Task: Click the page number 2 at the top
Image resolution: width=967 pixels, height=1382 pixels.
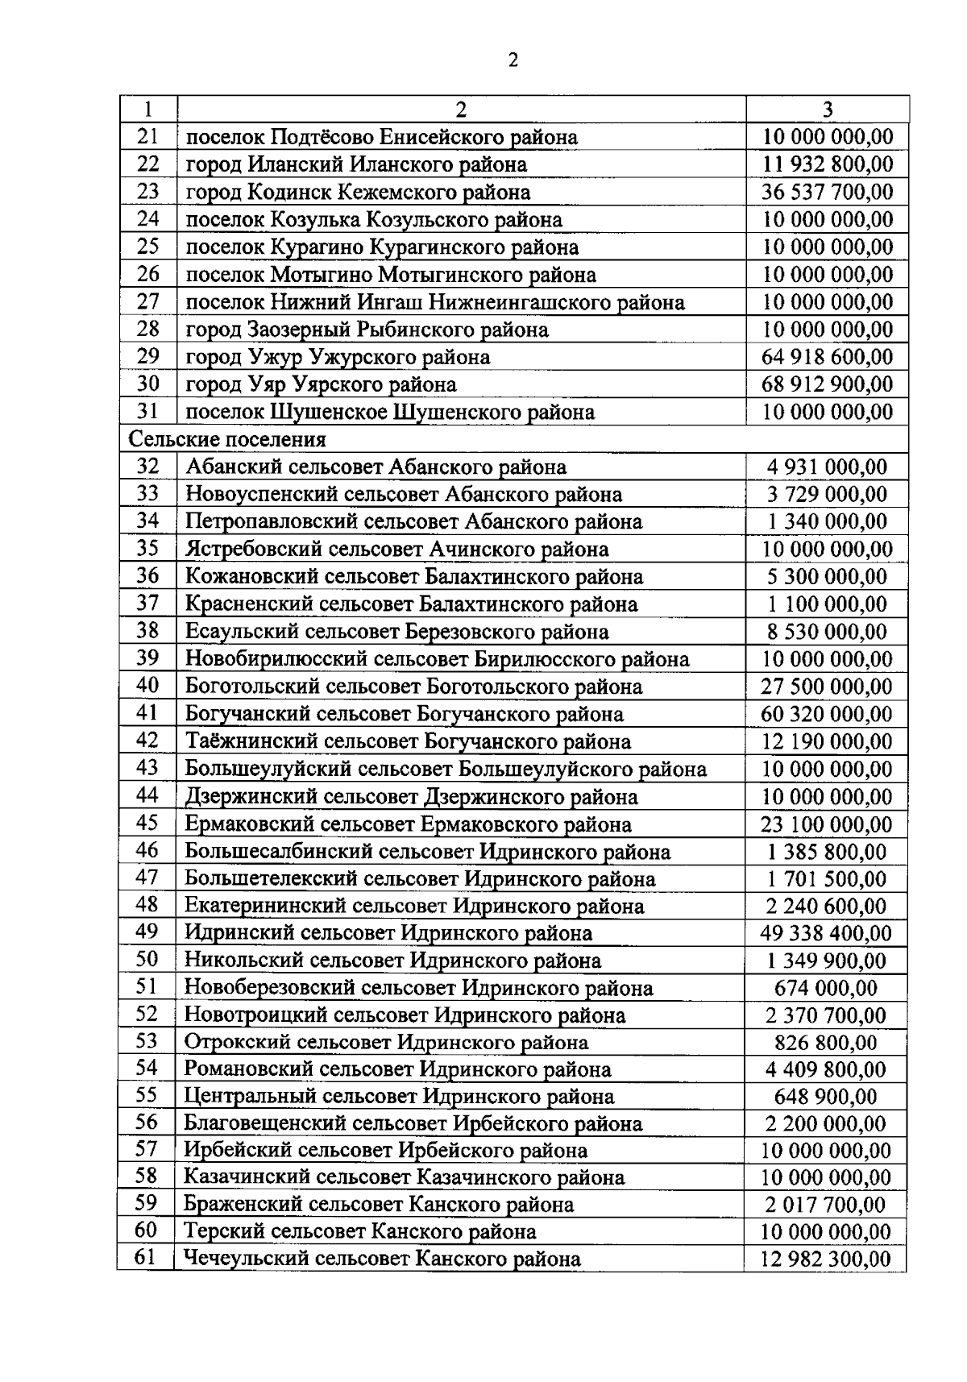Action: click(x=513, y=61)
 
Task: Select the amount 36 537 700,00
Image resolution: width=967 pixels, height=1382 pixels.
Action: click(x=828, y=193)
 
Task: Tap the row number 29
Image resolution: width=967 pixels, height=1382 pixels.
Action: click(x=148, y=356)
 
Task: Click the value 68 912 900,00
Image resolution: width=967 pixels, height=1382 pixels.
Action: click(x=828, y=384)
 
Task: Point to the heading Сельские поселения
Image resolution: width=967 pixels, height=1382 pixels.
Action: click(x=228, y=440)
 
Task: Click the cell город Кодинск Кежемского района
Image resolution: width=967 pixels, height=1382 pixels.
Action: click(x=358, y=193)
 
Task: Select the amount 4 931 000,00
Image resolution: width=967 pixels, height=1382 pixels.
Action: click(x=827, y=467)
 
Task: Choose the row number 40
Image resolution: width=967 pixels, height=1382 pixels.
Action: click(x=147, y=686)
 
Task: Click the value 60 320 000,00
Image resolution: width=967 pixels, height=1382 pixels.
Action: click(x=827, y=714)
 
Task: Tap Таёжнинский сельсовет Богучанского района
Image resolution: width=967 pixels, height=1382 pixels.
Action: click(x=408, y=741)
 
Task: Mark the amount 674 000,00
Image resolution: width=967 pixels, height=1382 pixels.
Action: click(x=826, y=988)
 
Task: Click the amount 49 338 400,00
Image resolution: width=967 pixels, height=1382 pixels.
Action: click(x=826, y=934)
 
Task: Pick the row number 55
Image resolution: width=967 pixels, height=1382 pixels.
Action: click(x=147, y=1096)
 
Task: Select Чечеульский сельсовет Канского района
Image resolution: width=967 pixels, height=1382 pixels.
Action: click(x=382, y=1259)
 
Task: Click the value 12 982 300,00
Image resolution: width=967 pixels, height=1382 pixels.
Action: click(x=826, y=1259)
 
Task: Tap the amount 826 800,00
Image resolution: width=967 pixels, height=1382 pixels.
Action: click(x=826, y=1043)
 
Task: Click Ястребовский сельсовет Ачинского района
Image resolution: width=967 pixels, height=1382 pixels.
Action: click(x=396, y=550)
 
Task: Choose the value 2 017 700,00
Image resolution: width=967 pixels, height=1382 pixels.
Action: click(x=826, y=1206)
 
